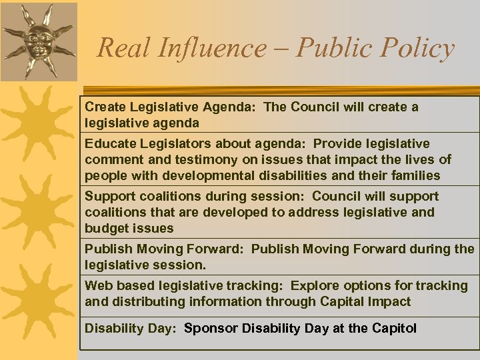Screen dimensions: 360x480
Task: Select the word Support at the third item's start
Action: click(109, 196)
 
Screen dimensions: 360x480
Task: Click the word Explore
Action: click(315, 285)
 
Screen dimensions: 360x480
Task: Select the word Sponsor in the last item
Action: click(211, 328)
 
